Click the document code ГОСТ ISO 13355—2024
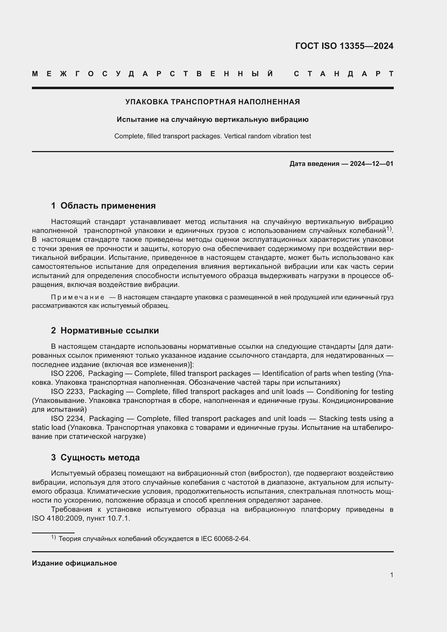(344, 46)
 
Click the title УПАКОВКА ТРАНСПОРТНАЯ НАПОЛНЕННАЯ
(212, 102)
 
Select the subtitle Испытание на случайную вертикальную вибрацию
(212, 119)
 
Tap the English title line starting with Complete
(212, 136)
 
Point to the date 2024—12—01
(371, 164)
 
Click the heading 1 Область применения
(104, 206)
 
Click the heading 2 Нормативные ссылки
(105, 330)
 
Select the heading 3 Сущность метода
(95, 457)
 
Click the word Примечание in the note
(78, 297)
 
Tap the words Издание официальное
(74, 563)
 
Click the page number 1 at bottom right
(391, 575)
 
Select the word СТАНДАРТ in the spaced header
(343, 74)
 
